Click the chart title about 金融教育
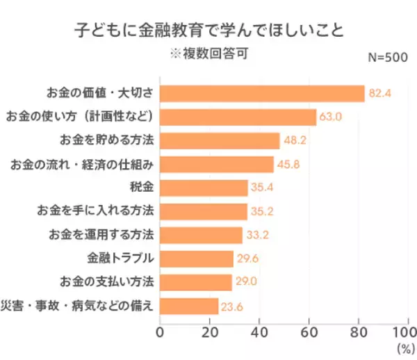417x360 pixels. click(x=208, y=32)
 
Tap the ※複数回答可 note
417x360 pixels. click(x=208, y=54)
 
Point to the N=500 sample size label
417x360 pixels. click(x=386, y=58)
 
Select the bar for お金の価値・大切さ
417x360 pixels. click(x=262, y=93)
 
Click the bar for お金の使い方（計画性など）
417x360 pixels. click(x=238, y=117)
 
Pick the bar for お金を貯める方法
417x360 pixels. click(x=220, y=140)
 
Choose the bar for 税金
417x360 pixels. click(x=204, y=188)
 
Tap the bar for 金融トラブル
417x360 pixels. click(x=197, y=259)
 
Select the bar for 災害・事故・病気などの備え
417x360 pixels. click(x=189, y=306)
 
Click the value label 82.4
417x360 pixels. click(x=381, y=93)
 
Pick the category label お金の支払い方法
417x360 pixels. click(x=106, y=282)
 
